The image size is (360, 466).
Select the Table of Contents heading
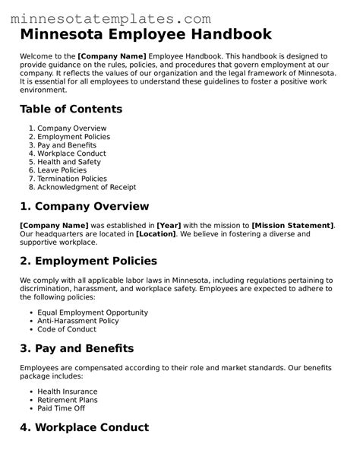pyautogui.click(x=71, y=109)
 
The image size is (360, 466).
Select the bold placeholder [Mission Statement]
pyautogui.click(x=292, y=226)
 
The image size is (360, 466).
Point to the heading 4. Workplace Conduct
pyautogui.click(x=85, y=427)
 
